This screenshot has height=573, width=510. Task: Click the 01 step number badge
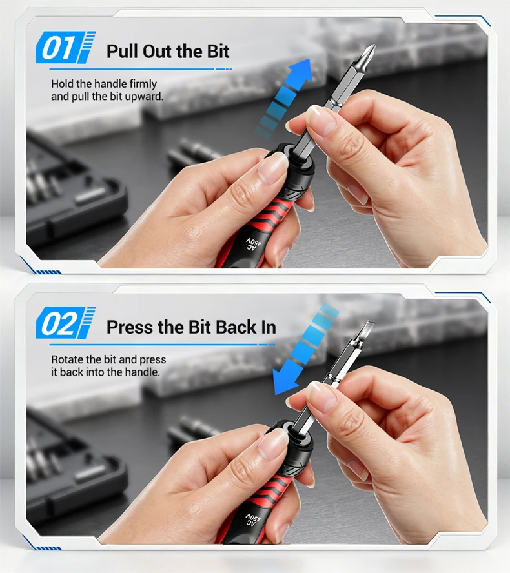66,47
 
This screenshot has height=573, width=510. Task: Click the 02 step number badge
66,323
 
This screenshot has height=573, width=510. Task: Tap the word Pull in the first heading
122,51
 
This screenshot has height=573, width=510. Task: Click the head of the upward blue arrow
301,72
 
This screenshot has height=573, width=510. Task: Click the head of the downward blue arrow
285,381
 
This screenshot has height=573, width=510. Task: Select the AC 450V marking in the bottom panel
253,520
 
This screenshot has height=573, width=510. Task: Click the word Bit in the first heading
218,51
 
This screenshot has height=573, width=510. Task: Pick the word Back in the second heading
236,327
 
